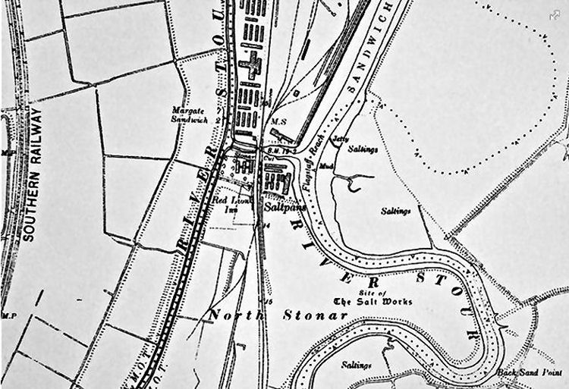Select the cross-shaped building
251,66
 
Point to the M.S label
278,122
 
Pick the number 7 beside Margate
218,111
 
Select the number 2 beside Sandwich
218,121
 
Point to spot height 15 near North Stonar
267,281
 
